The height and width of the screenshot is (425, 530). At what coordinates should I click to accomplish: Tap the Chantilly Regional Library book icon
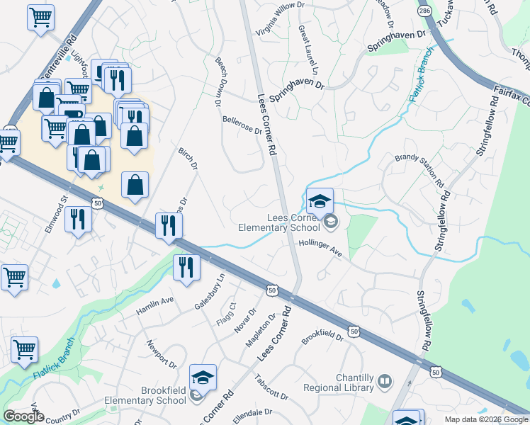385,382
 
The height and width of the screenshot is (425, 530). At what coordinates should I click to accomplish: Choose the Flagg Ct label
232,310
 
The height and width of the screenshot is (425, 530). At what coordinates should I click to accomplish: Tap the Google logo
23,416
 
